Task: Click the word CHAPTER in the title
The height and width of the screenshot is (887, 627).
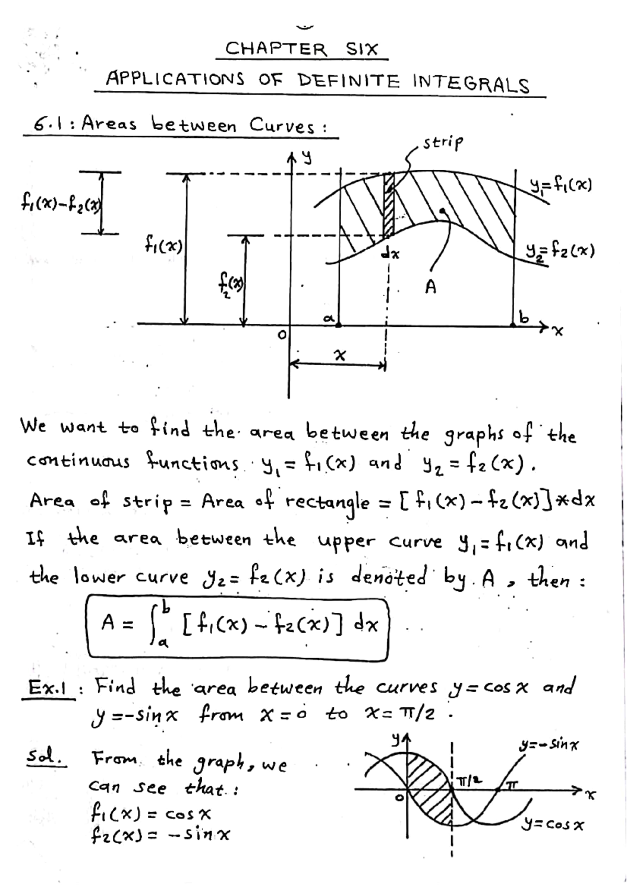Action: (x=276, y=49)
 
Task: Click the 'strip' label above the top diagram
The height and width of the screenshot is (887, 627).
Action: (x=443, y=142)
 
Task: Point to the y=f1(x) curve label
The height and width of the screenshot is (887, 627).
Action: (x=560, y=185)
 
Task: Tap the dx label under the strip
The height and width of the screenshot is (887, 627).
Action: (x=390, y=254)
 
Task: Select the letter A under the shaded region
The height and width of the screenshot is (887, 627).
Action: (x=430, y=287)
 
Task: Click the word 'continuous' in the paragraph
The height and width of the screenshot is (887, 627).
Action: (x=78, y=462)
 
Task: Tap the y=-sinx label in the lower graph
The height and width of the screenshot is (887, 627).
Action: (x=549, y=744)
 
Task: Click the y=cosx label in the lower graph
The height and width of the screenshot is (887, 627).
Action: (x=554, y=825)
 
